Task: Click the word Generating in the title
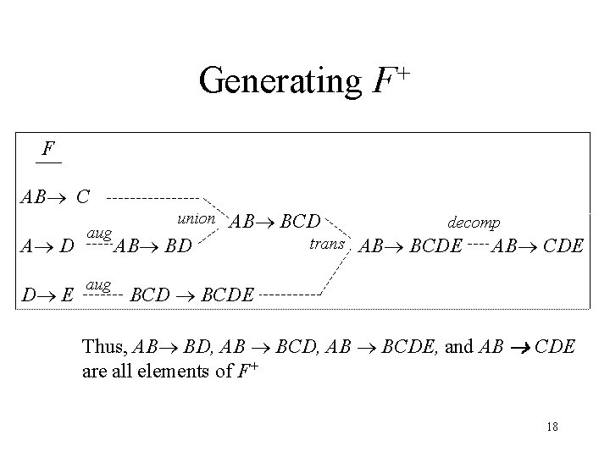[x=280, y=81]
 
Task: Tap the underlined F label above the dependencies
[x=48, y=150]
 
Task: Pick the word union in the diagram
[x=196, y=218]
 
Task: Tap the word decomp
[x=474, y=222]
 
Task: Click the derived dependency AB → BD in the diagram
[x=158, y=248]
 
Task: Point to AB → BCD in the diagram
[x=275, y=222]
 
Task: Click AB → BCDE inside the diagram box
[x=411, y=247]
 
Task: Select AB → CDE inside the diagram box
[x=538, y=247]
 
